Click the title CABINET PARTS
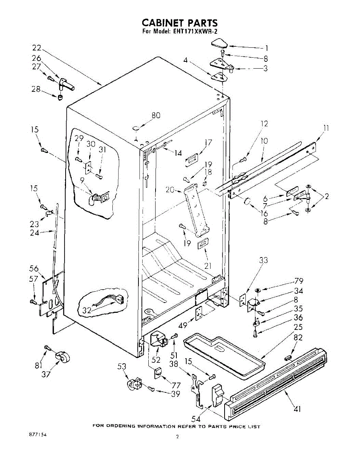(x=180, y=24)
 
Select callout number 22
(x=36, y=48)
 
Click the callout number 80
(x=156, y=116)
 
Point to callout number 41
(x=297, y=408)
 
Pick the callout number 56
(x=34, y=268)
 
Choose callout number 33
(x=263, y=260)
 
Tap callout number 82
(x=298, y=337)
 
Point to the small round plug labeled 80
(x=135, y=129)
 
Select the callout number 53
(x=121, y=367)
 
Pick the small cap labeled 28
(x=60, y=98)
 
